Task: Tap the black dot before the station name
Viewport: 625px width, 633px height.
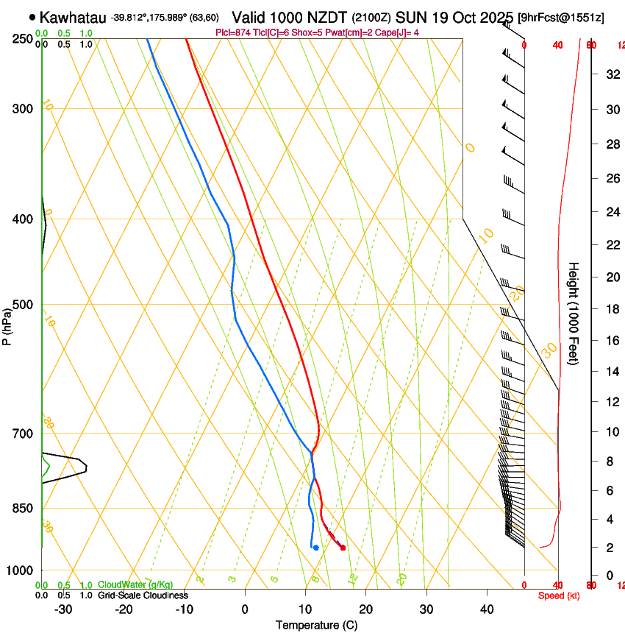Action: (32, 17)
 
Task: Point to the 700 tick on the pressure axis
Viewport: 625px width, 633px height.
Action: (24, 434)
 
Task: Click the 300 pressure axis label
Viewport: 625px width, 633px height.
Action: (24, 109)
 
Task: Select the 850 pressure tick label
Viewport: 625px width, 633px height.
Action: (24, 509)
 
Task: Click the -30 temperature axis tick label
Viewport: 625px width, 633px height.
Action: (63, 609)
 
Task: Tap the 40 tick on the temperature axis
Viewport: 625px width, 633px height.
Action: (487, 609)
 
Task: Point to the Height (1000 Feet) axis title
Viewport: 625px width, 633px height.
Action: (574, 313)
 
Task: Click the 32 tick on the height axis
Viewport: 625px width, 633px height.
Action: (611, 74)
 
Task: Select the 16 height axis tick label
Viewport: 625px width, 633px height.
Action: (611, 340)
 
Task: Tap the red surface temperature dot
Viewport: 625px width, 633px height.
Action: (343, 548)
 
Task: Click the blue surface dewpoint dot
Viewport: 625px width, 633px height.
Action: (315, 548)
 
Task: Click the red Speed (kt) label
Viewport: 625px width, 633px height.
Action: (558, 595)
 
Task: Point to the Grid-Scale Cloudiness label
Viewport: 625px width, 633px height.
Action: (142, 595)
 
